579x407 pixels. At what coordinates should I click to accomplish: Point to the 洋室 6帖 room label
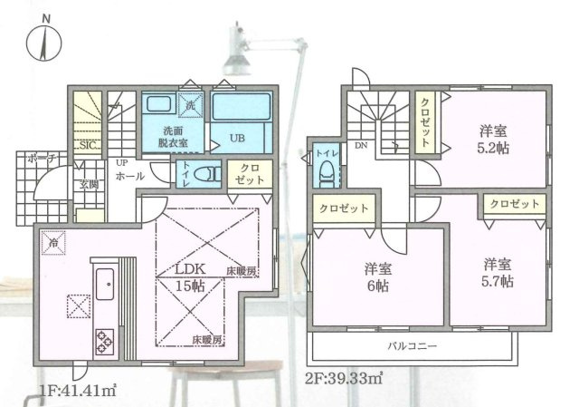point(378,276)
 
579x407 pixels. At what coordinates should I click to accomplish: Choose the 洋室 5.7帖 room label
point(497,273)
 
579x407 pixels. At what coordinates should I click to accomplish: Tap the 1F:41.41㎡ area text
point(80,391)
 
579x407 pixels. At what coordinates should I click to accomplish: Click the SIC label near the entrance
point(88,145)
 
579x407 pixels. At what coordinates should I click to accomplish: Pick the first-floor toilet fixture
point(208,172)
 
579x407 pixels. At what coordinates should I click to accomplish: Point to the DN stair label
point(360,146)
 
